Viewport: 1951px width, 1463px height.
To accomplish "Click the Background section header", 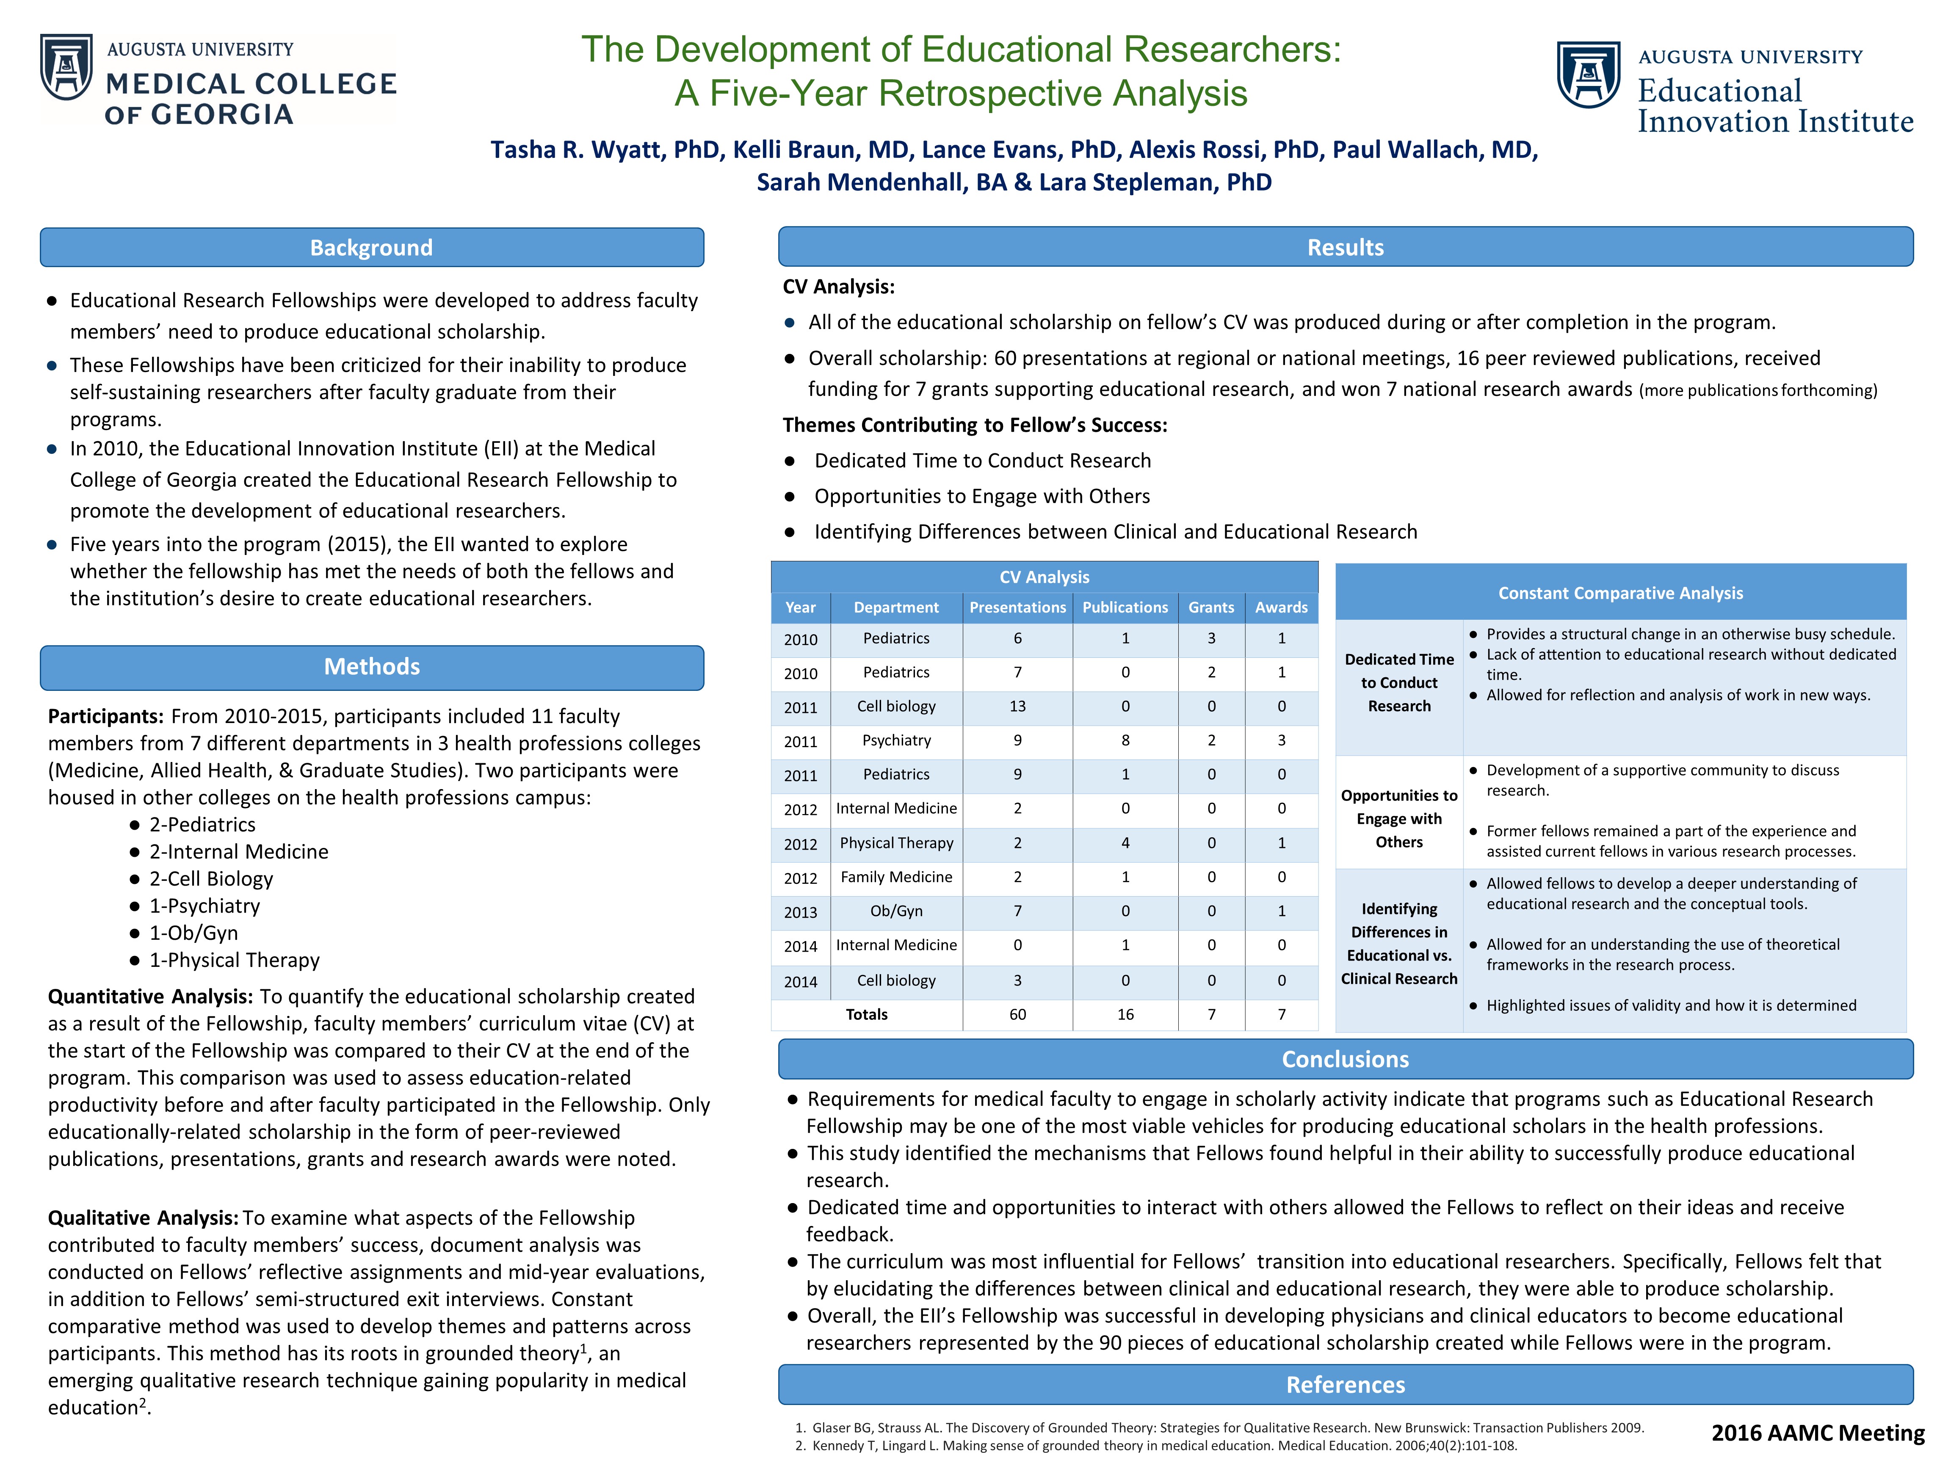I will coord(371,248).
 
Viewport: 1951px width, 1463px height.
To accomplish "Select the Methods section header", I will coord(371,667).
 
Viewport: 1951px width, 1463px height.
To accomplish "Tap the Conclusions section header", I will coord(1345,1059).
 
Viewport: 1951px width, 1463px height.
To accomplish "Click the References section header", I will coord(1345,1385).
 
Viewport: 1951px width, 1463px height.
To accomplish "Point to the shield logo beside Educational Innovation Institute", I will coord(1588,75).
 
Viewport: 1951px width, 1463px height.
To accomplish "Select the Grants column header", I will coord(1211,607).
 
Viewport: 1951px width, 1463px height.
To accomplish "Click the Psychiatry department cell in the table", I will coord(896,741).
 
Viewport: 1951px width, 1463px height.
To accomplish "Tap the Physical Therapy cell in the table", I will coord(896,843).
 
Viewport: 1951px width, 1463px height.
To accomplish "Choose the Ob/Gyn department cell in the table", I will coord(896,911).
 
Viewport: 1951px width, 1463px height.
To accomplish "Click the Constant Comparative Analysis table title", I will coord(1620,593).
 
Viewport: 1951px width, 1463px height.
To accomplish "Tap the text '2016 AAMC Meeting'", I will coord(1818,1433).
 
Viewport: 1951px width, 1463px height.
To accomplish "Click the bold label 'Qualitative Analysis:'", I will coord(143,1218).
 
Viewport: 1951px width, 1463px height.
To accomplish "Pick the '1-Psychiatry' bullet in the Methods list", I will coord(204,905).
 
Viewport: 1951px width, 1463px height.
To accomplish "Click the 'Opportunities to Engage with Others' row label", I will coord(1399,818).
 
